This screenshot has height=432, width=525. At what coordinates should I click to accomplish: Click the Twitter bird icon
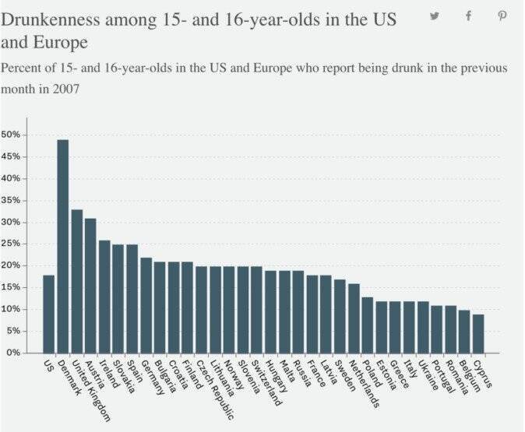click(435, 16)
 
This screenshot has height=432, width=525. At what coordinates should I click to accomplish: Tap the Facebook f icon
click(469, 16)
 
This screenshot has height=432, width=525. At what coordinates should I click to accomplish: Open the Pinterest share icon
click(502, 16)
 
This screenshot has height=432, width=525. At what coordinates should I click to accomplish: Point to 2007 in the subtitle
click(70, 90)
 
